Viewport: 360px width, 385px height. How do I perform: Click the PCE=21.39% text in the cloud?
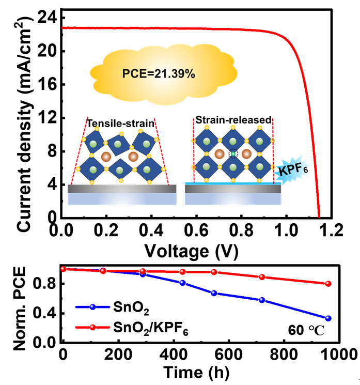159,74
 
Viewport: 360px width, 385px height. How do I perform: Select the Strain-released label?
233,120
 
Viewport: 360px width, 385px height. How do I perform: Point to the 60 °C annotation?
310,329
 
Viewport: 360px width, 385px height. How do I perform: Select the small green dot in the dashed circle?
233,153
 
